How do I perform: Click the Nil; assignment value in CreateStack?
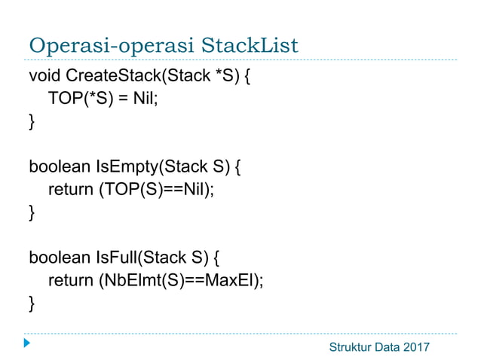coord(146,99)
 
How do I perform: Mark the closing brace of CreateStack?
coord(32,121)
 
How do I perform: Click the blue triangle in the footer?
coord(27,345)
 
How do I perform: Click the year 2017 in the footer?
coord(414,346)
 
